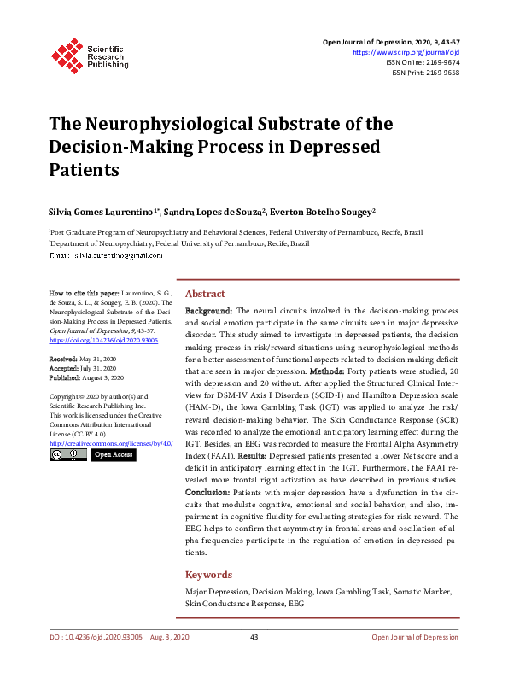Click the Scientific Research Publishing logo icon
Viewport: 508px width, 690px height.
pos(66,53)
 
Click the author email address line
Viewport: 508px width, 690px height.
pos(106,255)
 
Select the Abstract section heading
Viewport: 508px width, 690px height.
pos(206,292)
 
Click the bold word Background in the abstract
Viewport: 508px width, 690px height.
pos(208,312)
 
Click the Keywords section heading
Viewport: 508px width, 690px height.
pos(209,575)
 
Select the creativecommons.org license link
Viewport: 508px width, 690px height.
pos(111,444)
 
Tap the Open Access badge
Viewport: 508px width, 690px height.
pos(113,455)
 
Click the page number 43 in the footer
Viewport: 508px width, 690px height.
pos(254,638)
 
